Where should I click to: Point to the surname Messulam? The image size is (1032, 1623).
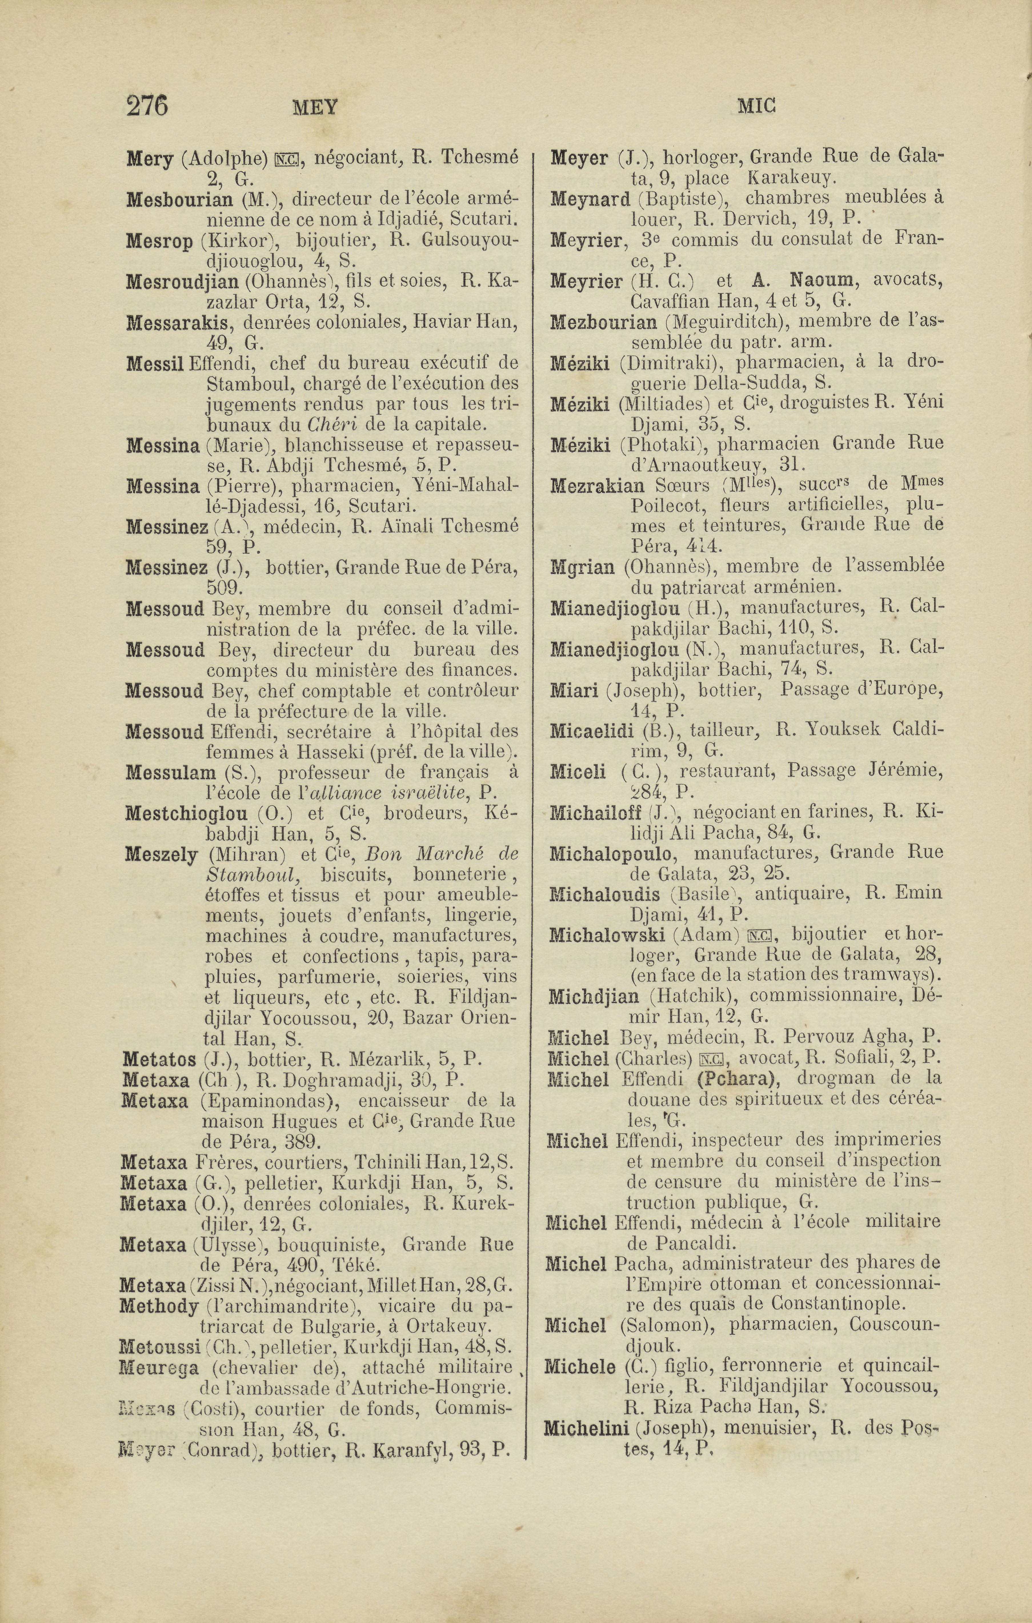(171, 772)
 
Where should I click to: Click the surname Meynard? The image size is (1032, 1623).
(590, 199)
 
